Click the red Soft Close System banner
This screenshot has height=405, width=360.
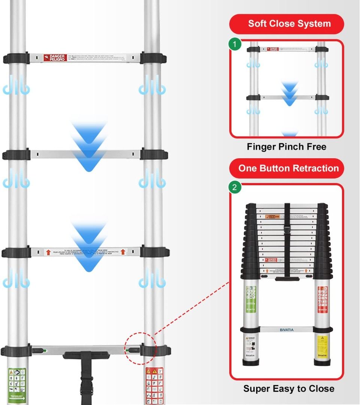point(287,24)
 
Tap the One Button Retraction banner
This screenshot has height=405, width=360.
point(287,168)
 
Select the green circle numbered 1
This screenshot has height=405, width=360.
point(235,44)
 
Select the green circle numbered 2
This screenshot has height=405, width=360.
point(235,187)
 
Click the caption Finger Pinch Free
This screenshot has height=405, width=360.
point(287,147)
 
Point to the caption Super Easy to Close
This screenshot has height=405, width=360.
point(289,388)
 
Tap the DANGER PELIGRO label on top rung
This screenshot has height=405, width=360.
point(55,58)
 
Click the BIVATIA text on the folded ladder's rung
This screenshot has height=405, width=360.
point(287,330)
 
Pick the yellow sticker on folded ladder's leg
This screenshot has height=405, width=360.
point(323,343)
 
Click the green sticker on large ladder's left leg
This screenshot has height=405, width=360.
point(17,384)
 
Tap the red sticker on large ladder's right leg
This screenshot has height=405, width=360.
point(154,384)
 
